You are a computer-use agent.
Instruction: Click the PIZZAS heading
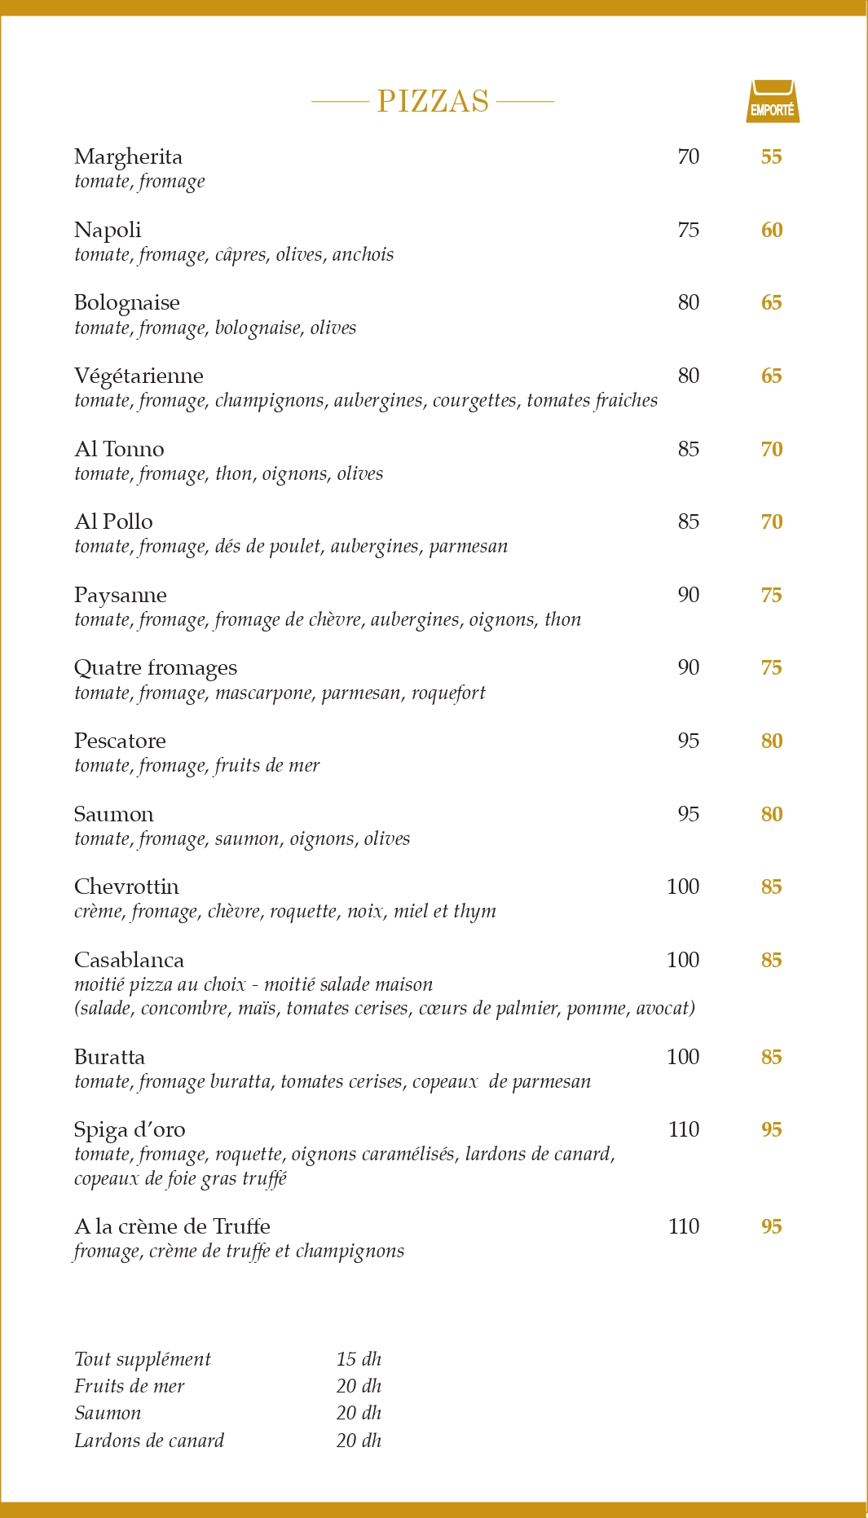(x=433, y=101)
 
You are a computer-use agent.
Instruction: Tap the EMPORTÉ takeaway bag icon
(x=772, y=102)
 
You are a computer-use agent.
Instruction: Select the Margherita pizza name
(x=128, y=156)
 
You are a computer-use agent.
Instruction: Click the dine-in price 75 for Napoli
(x=688, y=230)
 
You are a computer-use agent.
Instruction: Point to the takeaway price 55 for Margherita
(x=771, y=156)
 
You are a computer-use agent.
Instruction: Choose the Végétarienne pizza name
(x=139, y=376)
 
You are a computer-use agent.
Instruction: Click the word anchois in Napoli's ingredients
(x=363, y=254)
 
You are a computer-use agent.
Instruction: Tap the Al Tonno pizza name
(x=119, y=449)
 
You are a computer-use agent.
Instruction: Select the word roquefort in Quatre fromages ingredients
(x=448, y=693)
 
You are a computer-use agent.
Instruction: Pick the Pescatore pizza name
(x=120, y=741)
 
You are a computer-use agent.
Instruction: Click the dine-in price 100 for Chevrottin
(x=682, y=887)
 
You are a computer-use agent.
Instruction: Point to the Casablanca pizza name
(x=129, y=960)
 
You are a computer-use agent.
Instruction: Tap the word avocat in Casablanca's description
(x=665, y=1008)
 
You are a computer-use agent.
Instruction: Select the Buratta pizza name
(x=109, y=1057)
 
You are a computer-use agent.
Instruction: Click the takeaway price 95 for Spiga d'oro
(x=771, y=1129)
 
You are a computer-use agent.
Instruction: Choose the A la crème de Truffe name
(x=172, y=1226)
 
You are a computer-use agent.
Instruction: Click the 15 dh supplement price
(x=359, y=1358)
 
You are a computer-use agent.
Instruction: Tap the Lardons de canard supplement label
(x=149, y=1440)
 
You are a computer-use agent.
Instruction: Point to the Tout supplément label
(x=142, y=1358)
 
